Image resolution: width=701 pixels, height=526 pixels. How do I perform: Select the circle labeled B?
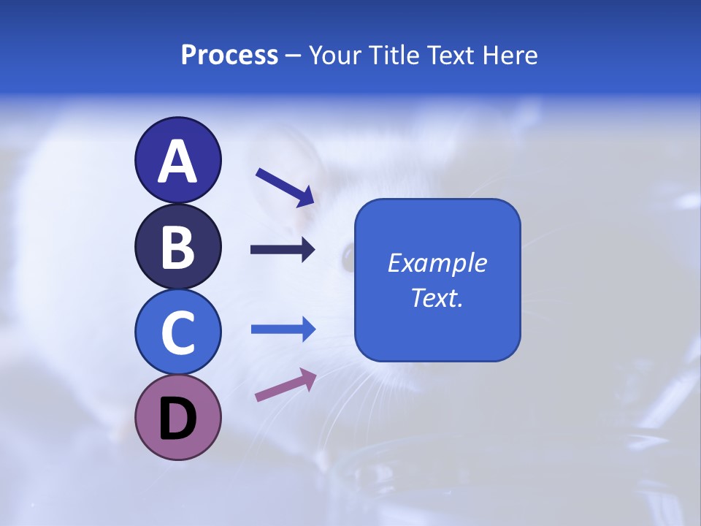pyautogui.click(x=177, y=247)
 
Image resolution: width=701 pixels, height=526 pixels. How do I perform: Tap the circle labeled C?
pyautogui.click(x=177, y=332)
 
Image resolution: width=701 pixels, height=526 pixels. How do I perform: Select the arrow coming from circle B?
pyautogui.click(x=283, y=250)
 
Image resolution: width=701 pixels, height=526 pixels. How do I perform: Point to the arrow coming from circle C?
pyautogui.click(x=283, y=329)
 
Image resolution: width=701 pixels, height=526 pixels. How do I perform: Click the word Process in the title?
pyautogui.click(x=229, y=56)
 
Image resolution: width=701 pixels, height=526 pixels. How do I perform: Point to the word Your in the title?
pyautogui.click(x=333, y=56)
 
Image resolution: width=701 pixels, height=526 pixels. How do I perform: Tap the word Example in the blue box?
pyautogui.click(x=437, y=263)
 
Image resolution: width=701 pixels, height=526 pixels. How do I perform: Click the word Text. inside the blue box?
pyautogui.click(x=437, y=298)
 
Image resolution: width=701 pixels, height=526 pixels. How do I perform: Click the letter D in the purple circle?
pyautogui.click(x=177, y=420)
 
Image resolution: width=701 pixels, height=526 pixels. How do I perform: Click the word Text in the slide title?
pyautogui.click(x=448, y=56)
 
